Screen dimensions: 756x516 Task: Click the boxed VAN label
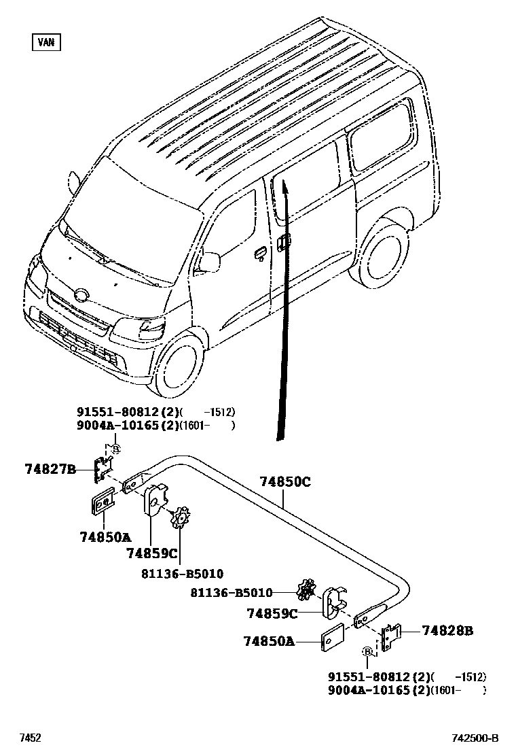[46, 42]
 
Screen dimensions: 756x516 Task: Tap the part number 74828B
[447, 631]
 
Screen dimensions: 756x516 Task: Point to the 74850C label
[284, 482]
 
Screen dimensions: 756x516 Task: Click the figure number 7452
[30, 738]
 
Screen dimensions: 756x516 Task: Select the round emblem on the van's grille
[81, 295]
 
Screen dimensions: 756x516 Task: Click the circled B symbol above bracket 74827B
[115, 449]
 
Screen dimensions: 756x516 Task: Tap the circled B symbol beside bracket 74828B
[367, 651]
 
